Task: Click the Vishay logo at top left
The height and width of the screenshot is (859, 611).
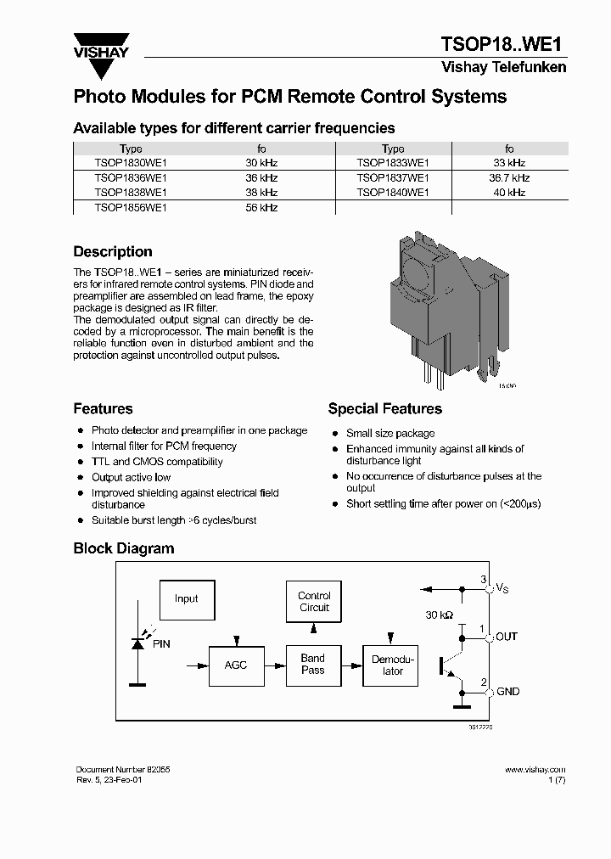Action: (101, 47)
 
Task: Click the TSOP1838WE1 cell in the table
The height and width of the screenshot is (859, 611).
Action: (131, 193)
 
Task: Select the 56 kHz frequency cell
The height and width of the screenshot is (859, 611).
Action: (261, 208)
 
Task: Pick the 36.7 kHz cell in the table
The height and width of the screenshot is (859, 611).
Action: (509, 178)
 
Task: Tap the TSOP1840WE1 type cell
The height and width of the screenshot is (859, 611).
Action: (393, 193)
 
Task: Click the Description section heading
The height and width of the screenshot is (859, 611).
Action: (113, 252)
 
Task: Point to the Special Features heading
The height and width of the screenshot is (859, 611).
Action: (384, 409)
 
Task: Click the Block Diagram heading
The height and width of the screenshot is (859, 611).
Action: (124, 548)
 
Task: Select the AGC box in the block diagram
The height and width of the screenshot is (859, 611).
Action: (236, 665)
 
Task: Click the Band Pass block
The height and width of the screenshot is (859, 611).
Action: (313, 665)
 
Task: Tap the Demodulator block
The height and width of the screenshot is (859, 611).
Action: (393, 665)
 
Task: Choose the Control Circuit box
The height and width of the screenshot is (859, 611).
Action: (314, 602)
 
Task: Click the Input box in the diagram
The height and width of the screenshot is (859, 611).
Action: (186, 599)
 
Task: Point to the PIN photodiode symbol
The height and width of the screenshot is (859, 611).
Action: (138, 644)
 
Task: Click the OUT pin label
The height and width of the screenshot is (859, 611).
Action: (507, 637)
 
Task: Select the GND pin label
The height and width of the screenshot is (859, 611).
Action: (507, 692)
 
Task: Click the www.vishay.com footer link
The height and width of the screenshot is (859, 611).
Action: (535, 769)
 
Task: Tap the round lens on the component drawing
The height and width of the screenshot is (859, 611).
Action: (421, 277)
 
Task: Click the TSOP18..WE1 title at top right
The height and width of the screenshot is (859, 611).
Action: (502, 44)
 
